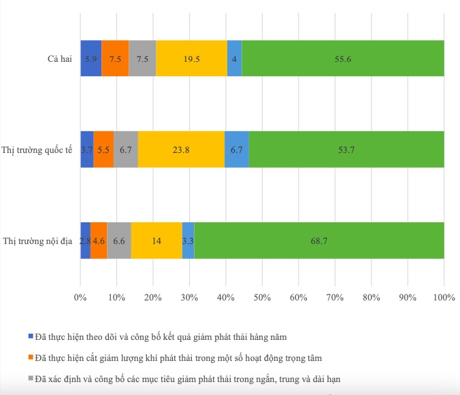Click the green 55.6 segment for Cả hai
tap(343, 58)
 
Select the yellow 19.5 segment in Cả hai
tap(192, 58)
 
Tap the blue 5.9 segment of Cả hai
tap(91, 58)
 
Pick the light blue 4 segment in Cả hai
tap(234, 58)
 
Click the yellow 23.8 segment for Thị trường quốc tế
tap(181, 150)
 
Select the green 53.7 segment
tap(346, 150)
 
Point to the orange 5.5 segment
tap(104, 150)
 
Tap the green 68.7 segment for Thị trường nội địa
tap(319, 241)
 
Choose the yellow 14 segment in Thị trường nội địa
tap(157, 241)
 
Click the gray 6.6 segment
tap(119, 241)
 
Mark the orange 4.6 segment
tap(99, 241)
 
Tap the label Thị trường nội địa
tap(38, 241)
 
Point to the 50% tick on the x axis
tap(262, 297)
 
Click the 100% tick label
tap(444, 297)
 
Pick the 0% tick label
tap(80, 297)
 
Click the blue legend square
tap(30, 335)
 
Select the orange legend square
tap(30, 357)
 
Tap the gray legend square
tap(30, 378)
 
